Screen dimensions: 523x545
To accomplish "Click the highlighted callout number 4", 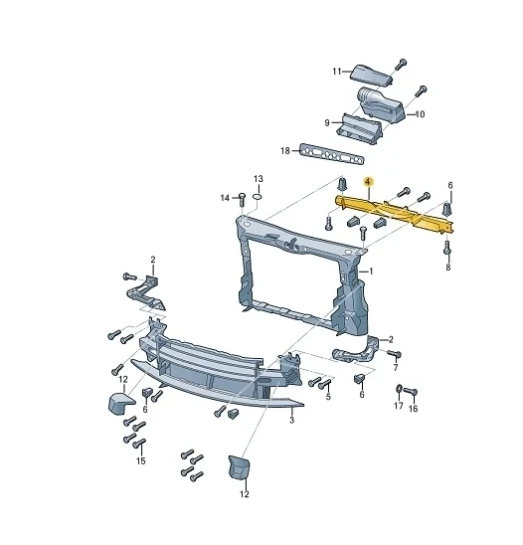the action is [368, 181].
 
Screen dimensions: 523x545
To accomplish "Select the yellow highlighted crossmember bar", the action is [395, 213].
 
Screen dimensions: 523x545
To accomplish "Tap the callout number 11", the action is [337, 72].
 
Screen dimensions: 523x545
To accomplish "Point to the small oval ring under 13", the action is [258, 198].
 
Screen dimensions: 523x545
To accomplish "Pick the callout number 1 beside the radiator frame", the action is [371, 272].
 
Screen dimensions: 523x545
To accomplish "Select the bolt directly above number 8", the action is [447, 247].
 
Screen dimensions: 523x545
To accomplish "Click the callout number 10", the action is [420, 114].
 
